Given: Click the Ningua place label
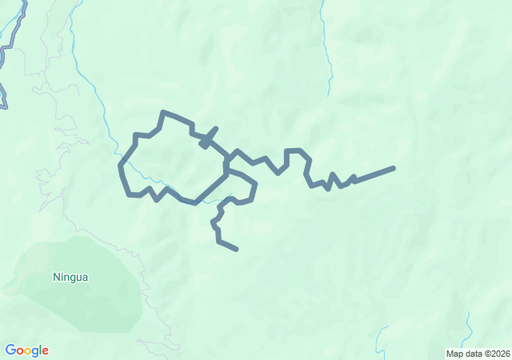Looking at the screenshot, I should click(70, 278).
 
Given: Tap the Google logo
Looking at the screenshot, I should click(26, 350).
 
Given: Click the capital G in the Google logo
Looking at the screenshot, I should click(10, 350).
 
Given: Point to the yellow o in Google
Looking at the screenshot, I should click(28, 351).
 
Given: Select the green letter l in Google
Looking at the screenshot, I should click(40, 350).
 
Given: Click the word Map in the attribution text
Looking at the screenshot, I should click(454, 354).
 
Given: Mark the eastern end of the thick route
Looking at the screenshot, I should click(394, 168).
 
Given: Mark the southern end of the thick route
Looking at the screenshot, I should click(237, 249).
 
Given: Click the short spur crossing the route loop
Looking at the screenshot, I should click(209, 137).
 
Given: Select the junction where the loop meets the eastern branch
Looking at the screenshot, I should click(230, 154).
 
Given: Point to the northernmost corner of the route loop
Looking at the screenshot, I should click(163, 113).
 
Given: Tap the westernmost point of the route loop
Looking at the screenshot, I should click(121, 166).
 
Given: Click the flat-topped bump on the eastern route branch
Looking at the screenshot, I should click(294, 150).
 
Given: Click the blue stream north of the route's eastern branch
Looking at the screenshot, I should click(327, 56).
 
